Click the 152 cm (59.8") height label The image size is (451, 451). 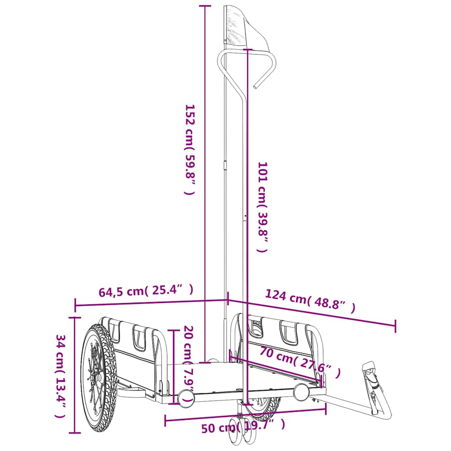click(x=189, y=150)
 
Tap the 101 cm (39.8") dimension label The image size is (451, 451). click(x=262, y=207)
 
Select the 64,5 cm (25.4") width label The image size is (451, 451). click(x=146, y=291)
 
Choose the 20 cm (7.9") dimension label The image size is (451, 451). click(x=189, y=364)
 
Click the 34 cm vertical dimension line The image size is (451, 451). click(x=75, y=374)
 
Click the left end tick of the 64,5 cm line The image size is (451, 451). click(x=75, y=305)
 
